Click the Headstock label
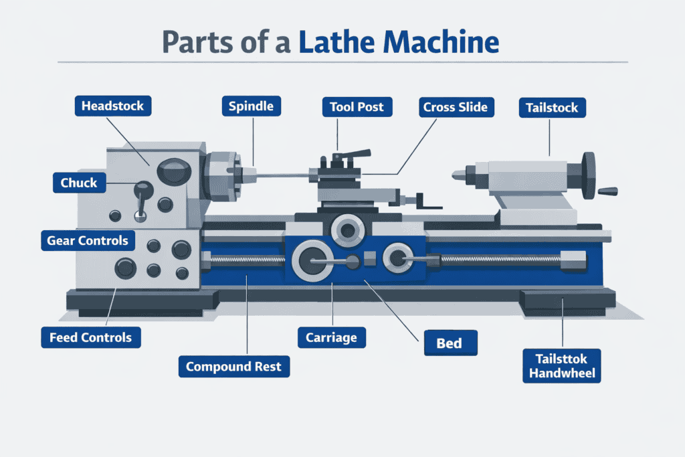pos(112,106)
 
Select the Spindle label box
pos(251,106)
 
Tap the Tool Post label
pos(357,106)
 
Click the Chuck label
pos(79,183)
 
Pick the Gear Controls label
pos(87,240)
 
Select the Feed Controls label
pos(90,337)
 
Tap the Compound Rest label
pos(233,366)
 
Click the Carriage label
pos(331,337)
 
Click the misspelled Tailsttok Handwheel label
pos(563,365)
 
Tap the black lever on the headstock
pos(141,193)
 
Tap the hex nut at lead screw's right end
pos(574,259)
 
